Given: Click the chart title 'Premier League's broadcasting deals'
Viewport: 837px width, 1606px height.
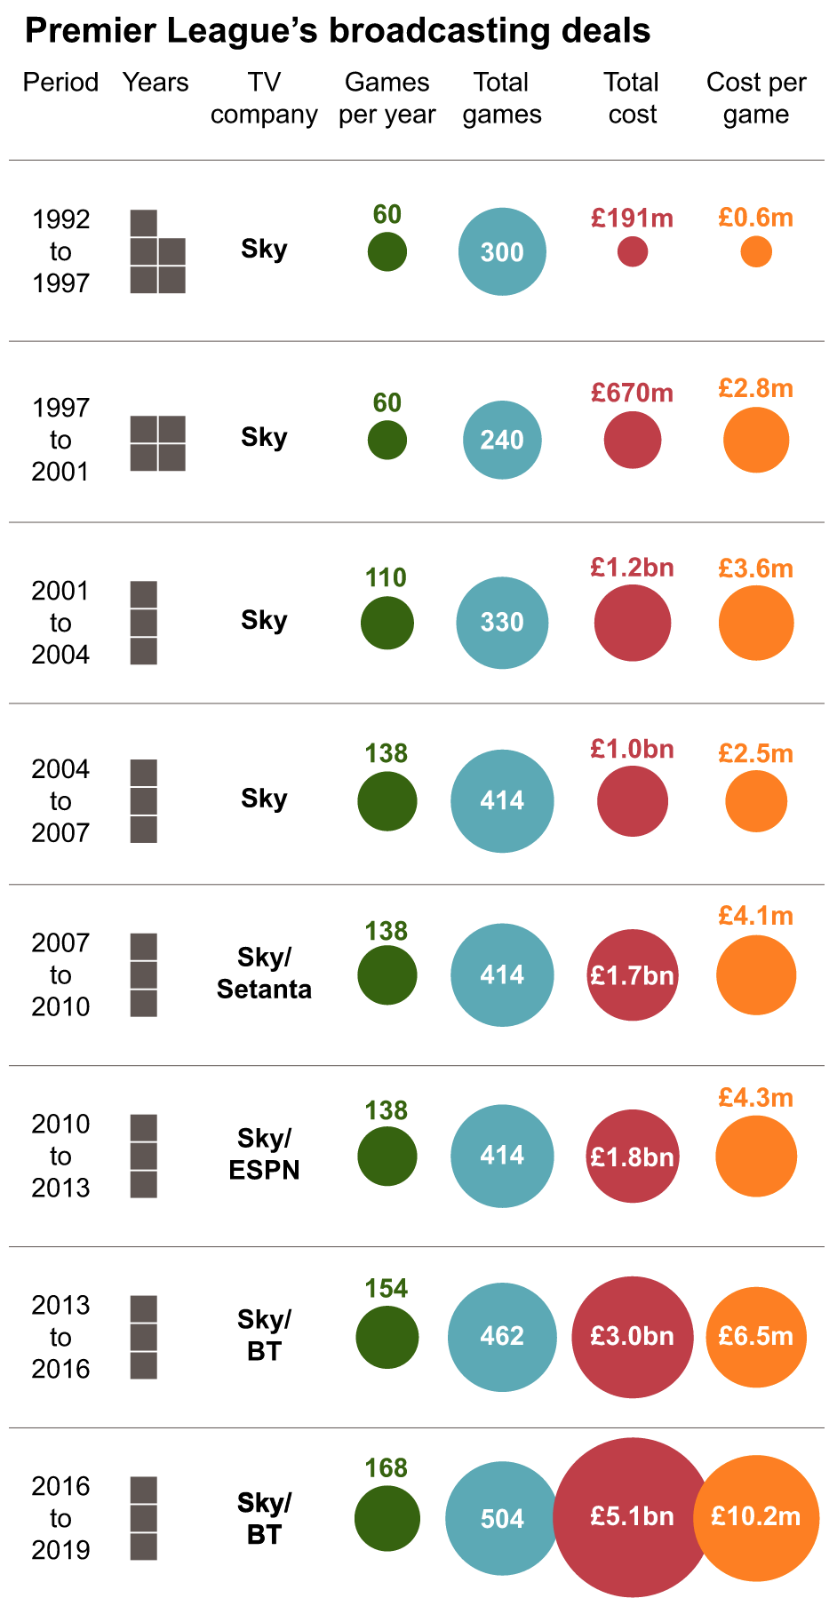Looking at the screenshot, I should tap(338, 31).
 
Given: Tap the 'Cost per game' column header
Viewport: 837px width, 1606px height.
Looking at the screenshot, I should tap(756, 98).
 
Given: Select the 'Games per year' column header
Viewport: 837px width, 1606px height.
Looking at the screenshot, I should tap(387, 98).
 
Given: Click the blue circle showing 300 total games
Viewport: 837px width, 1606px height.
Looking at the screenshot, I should tap(502, 251).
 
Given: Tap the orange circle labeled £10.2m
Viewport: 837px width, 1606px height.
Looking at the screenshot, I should tap(756, 1517).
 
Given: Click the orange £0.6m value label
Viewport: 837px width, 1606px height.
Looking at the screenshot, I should tap(756, 218).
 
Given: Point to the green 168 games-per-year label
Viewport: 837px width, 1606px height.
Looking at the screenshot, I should tap(387, 1467).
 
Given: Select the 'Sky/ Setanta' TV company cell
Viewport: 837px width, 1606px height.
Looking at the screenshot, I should tap(264, 974).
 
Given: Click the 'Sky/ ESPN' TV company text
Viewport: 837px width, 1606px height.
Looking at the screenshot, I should tap(264, 1154).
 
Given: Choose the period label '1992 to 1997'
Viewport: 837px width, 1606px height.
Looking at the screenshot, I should tap(60, 251).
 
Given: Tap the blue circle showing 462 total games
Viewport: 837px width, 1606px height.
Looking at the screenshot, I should tap(502, 1336).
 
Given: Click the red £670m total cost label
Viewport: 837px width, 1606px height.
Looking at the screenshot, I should tap(633, 393).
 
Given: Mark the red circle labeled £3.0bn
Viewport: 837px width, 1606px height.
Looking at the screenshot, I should tap(633, 1336).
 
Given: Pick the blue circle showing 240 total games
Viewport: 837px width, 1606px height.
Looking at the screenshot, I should tap(502, 440).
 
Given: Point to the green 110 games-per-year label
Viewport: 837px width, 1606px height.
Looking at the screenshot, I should tap(386, 577).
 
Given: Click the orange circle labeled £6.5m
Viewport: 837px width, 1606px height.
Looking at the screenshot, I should tap(756, 1336).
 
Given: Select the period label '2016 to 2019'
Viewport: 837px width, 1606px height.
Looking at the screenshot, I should tap(60, 1518).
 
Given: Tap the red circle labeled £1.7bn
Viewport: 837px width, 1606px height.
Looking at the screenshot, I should tap(633, 975).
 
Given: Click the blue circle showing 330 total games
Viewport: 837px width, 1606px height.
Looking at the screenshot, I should tap(502, 622).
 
